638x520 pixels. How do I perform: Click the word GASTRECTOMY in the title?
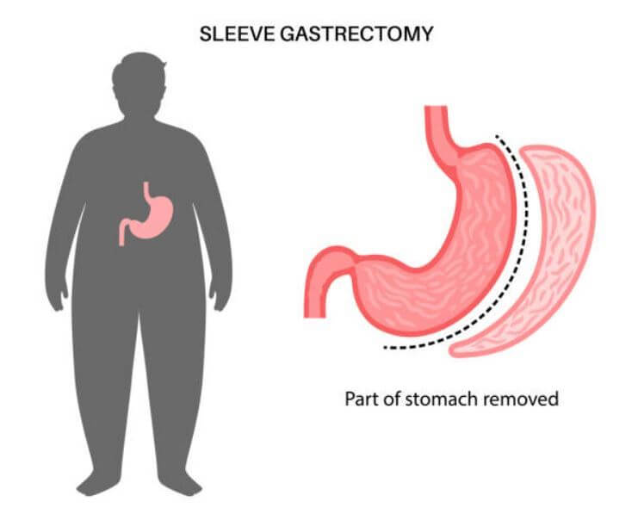pos(356,34)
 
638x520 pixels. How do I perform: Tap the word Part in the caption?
pos(362,399)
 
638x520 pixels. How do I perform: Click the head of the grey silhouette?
pos(139,85)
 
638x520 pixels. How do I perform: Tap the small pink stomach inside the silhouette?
pos(146,214)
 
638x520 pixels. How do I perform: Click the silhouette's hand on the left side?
pos(57,295)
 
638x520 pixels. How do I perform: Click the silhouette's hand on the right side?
pos(220,295)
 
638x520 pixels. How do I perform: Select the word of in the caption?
pos(392,399)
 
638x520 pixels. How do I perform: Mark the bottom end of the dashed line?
pos(385,347)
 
